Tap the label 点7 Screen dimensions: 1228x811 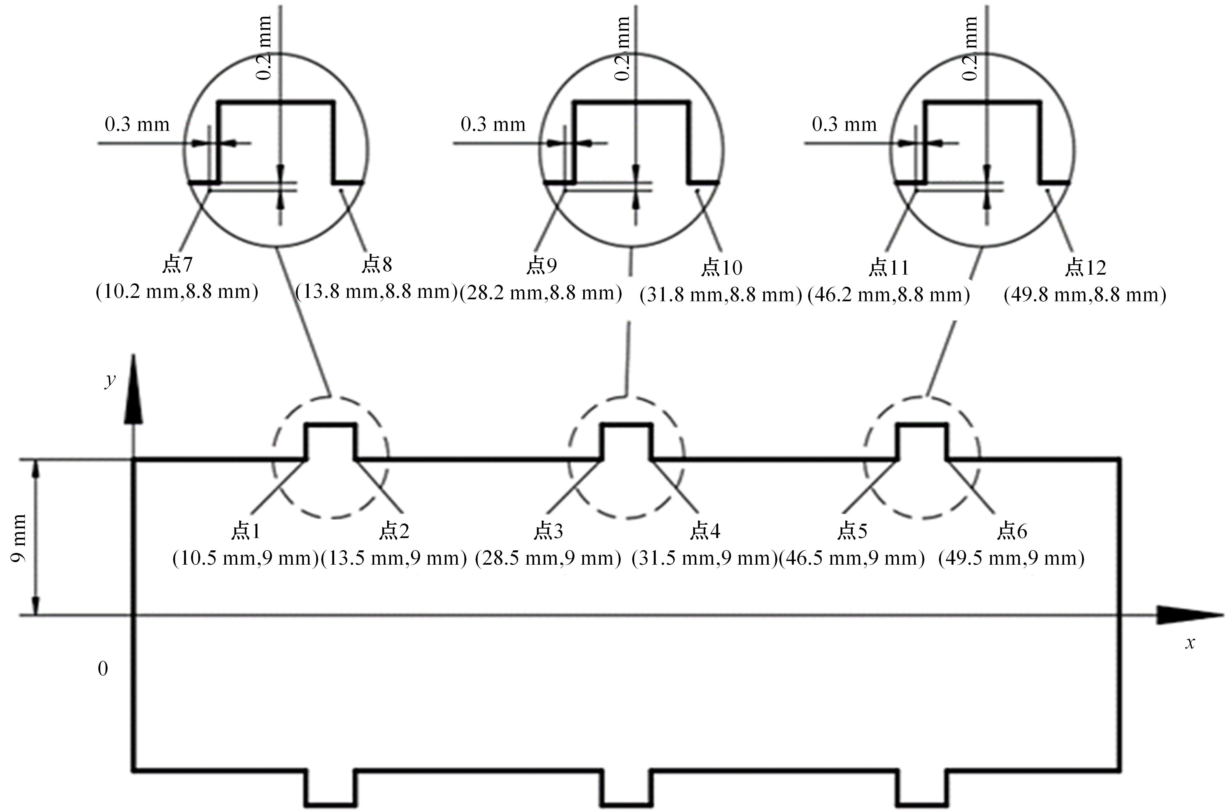[x=177, y=264]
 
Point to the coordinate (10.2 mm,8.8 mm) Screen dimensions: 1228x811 [x=177, y=292]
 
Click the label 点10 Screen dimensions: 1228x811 [x=722, y=267]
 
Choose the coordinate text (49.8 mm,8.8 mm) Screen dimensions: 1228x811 [x=1085, y=295]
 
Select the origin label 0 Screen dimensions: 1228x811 [x=103, y=669]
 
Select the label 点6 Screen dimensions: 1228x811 [x=1011, y=531]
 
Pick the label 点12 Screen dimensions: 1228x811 [x=1085, y=267]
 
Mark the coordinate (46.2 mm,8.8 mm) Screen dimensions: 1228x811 [x=889, y=295]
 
